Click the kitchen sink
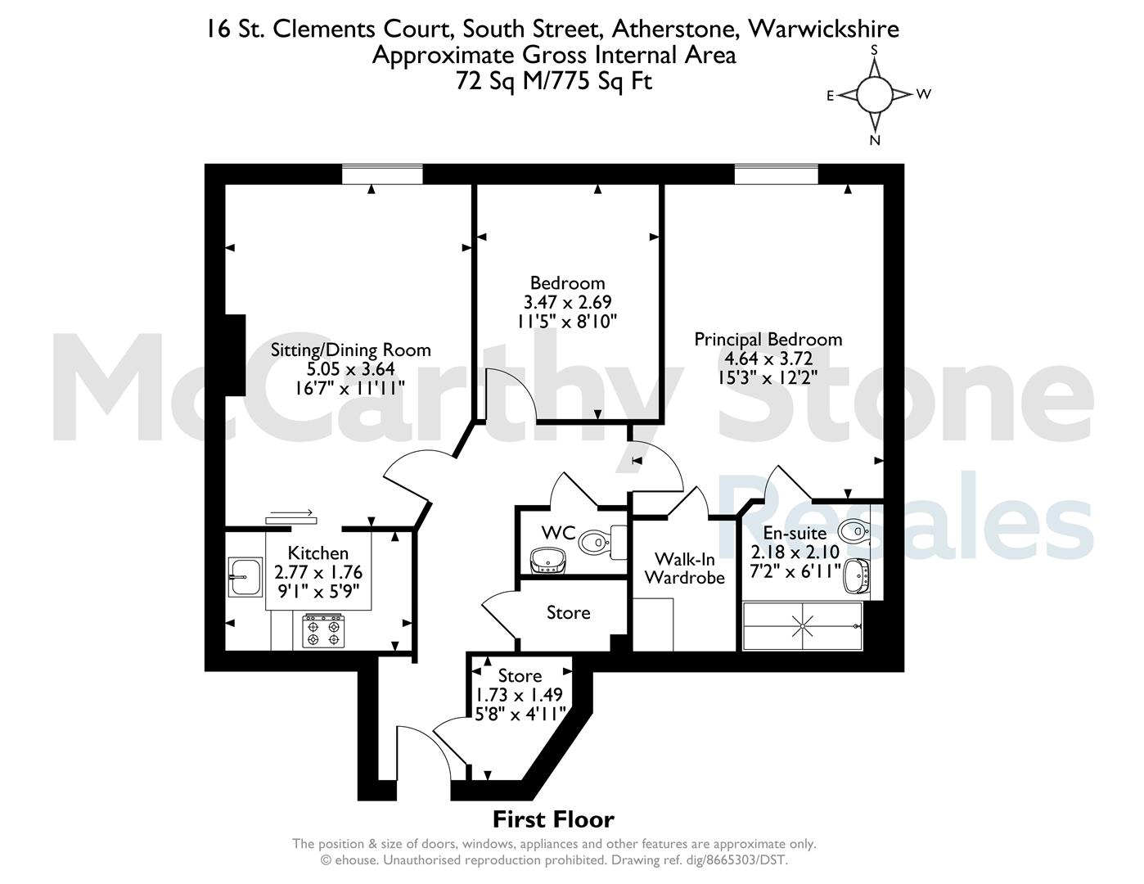pyautogui.click(x=245, y=577)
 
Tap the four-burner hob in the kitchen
pyautogui.click(x=323, y=631)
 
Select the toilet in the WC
pyautogui.click(x=602, y=542)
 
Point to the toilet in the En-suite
pyautogui.click(x=853, y=530)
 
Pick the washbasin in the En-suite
pyautogui.click(x=857, y=576)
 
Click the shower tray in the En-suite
pyautogui.click(x=802, y=625)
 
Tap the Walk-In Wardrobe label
pyautogui.click(x=684, y=568)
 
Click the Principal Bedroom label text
pyautogui.click(x=768, y=339)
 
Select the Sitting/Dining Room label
pyautogui.click(x=350, y=350)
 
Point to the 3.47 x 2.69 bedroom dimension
pyautogui.click(x=567, y=302)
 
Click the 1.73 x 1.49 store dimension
pyautogui.click(x=519, y=695)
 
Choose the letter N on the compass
pyautogui.click(x=875, y=140)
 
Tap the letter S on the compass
pyautogui.click(x=875, y=50)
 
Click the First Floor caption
pyautogui.click(x=553, y=820)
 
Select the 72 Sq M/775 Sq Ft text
pyautogui.click(x=554, y=81)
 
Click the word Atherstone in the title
pyautogui.click(x=673, y=29)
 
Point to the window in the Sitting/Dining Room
pyautogui.click(x=382, y=174)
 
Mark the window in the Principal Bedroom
pyautogui.click(x=777, y=174)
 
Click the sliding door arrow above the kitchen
pyautogui.click(x=291, y=512)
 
